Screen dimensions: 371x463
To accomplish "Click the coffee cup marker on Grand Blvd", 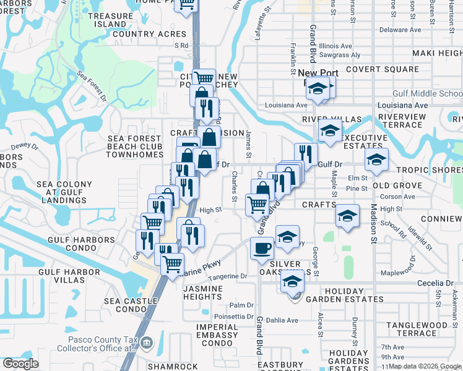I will [x=262, y=248].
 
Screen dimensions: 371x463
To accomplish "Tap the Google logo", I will [x=20, y=364].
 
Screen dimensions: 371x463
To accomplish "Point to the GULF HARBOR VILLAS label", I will [x=61, y=276].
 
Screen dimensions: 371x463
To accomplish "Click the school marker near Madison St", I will [x=376, y=160].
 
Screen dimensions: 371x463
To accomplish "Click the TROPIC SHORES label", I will [x=429, y=170].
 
